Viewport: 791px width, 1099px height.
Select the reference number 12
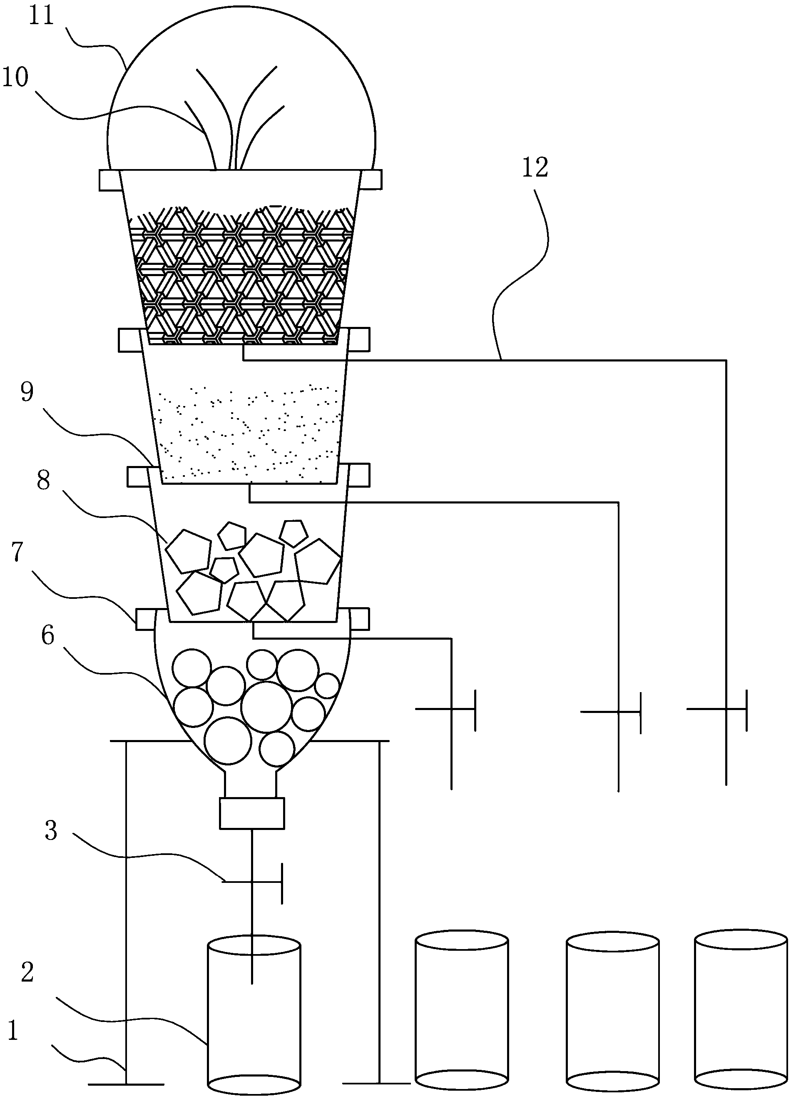click(535, 168)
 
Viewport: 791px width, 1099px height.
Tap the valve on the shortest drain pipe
click(451, 709)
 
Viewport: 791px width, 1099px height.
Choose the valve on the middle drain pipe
click(619, 712)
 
